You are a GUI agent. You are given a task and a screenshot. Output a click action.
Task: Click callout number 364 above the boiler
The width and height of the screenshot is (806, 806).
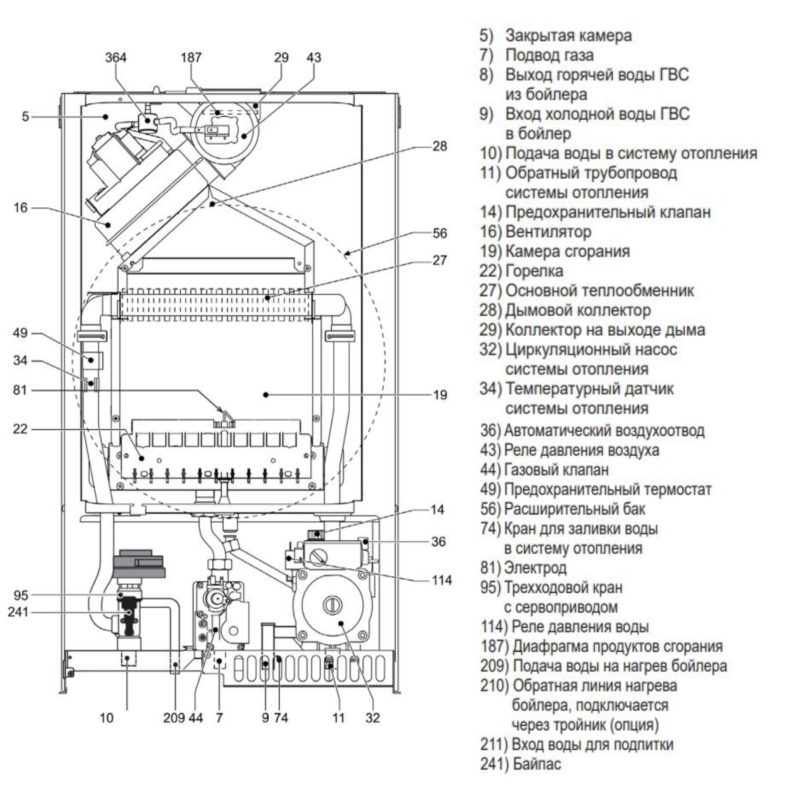pyautogui.click(x=115, y=58)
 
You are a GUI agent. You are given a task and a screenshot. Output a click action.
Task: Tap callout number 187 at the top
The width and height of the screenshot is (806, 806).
pyautogui.click(x=191, y=58)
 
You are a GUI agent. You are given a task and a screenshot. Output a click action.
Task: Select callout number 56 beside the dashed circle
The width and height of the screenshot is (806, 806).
pyautogui.click(x=440, y=233)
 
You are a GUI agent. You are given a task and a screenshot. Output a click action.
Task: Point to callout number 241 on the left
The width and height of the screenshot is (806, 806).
pyautogui.click(x=18, y=612)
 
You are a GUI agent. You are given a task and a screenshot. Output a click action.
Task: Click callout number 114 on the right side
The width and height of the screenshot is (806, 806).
pyautogui.click(x=442, y=580)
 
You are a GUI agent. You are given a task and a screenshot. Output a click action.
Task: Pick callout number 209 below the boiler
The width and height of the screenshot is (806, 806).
pyautogui.click(x=174, y=717)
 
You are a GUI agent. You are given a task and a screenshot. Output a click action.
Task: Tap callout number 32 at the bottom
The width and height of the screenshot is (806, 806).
pyautogui.click(x=372, y=717)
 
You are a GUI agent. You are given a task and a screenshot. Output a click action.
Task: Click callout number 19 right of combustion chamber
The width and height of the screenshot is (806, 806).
pyautogui.click(x=440, y=395)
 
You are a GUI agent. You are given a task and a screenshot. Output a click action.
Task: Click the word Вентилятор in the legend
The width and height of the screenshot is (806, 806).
pyautogui.click(x=548, y=231)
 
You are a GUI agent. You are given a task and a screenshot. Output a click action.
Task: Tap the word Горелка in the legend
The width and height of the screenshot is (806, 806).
pyautogui.click(x=534, y=271)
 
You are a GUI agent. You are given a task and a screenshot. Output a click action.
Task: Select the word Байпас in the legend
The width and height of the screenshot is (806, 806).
pyautogui.click(x=536, y=764)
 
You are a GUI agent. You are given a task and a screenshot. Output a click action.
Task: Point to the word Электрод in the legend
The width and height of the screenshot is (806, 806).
pyautogui.click(x=535, y=568)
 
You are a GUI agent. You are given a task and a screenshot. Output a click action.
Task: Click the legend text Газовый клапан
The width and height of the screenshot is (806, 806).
pyautogui.click(x=556, y=469)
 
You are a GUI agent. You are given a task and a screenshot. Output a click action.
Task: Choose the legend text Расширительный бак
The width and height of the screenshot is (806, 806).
pyautogui.click(x=574, y=509)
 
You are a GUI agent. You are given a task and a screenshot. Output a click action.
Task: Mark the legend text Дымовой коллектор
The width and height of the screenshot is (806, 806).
pyautogui.click(x=578, y=310)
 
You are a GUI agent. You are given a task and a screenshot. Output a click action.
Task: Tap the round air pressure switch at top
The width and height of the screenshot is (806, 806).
pyautogui.click(x=225, y=129)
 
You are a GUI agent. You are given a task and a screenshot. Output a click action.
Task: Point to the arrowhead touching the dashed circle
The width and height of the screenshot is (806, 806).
pyautogui.click(x=345, y=253)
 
